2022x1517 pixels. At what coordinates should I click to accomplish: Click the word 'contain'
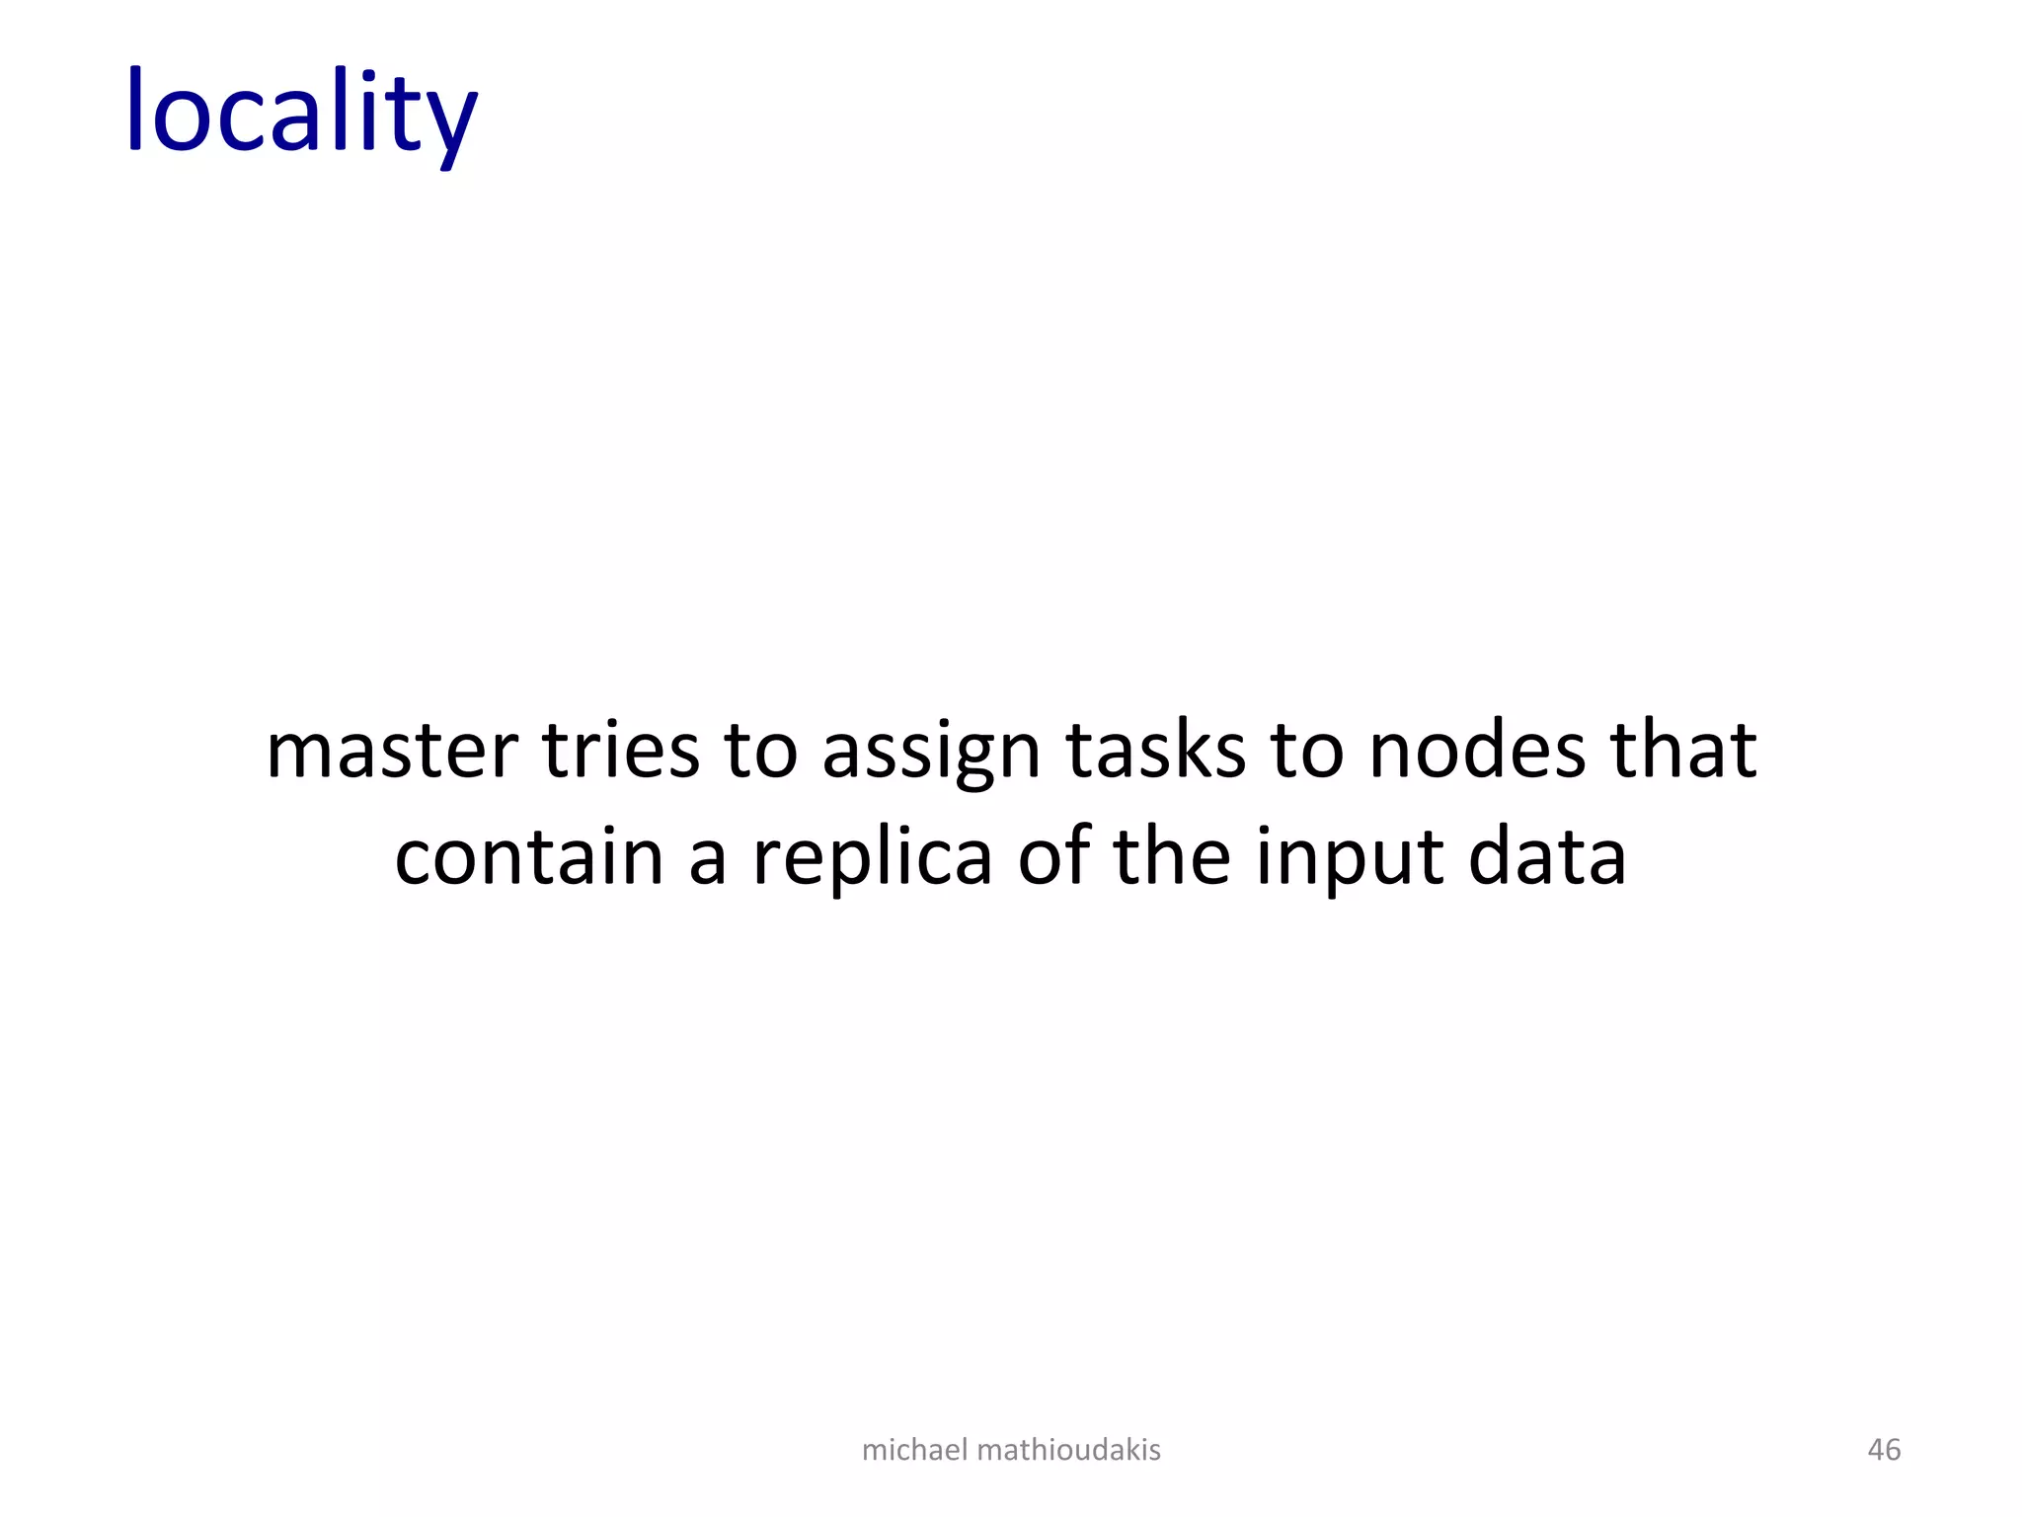click(x=528, y=856)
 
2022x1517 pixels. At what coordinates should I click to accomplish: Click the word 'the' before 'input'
click(x=1172, y=856)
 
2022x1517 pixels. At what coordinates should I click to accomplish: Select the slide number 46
click(x=1884, y=1450)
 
